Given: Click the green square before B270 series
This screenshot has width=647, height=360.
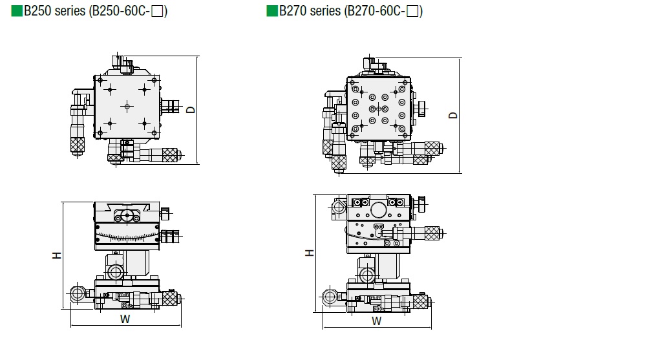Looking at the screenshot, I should [271, 12].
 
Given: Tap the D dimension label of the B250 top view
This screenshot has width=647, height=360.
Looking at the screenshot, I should [191, 109].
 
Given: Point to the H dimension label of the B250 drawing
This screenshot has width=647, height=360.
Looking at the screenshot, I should [57, 256].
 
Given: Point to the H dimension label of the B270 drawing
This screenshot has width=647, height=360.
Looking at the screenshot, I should [310, 252].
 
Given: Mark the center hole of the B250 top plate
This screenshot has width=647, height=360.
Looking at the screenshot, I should [127, 105].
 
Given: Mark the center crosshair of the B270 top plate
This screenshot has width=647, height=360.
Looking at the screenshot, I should [378, 109].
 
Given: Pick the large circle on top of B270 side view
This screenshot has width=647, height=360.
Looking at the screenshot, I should [377, 209].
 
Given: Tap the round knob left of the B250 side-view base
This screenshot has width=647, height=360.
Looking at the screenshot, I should [78, 295].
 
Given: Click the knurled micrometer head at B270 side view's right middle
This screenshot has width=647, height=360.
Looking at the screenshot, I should [429, 231].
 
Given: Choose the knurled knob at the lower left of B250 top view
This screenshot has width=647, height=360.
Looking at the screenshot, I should [78, 145].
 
